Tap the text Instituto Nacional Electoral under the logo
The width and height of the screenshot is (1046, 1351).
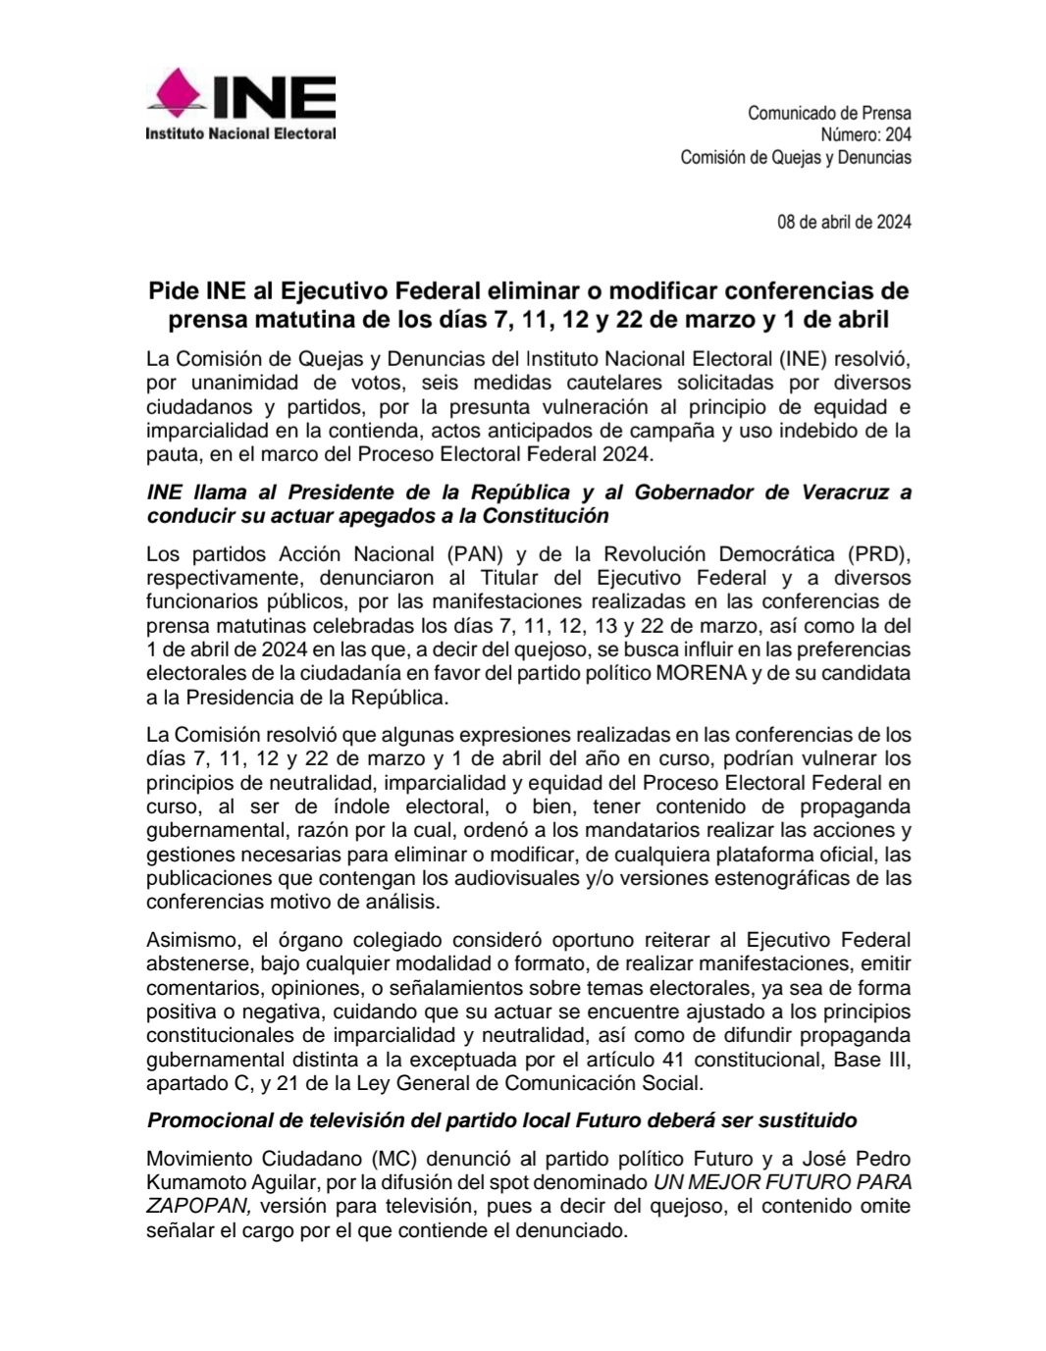240,133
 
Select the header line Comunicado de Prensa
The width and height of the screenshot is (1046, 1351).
829,113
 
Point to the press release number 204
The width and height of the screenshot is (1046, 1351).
897,135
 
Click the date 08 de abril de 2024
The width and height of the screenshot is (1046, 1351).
844,222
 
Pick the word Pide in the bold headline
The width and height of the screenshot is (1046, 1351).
173,291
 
